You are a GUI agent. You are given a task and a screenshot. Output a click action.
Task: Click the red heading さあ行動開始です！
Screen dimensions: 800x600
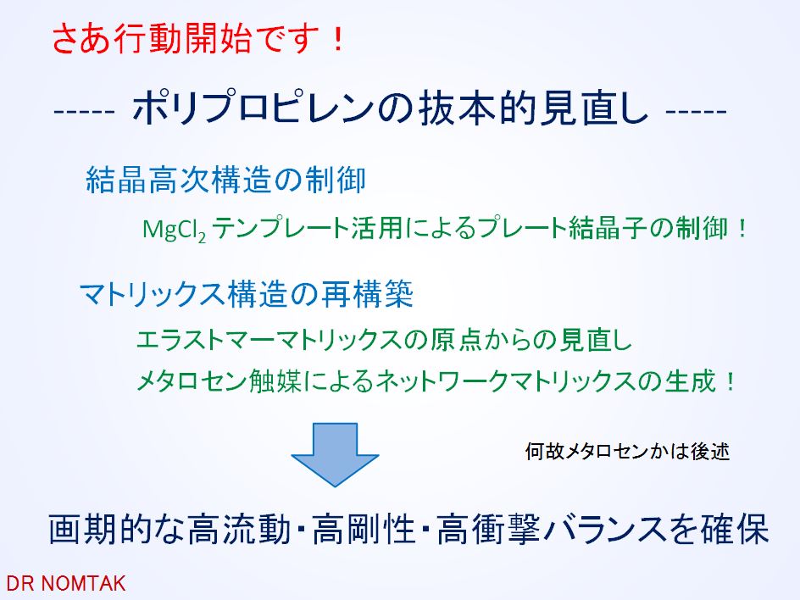pyautogui.click(x=199, y=39)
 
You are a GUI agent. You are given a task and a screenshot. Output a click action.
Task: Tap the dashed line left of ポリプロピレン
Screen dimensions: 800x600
pyautogui.click(x=85, y=111)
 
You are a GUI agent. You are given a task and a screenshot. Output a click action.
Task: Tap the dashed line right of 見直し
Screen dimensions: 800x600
pyautogui.click(x=697, y=111)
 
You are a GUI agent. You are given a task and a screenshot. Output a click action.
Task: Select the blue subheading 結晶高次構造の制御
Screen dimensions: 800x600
pyautogui.click(x=225, y=180)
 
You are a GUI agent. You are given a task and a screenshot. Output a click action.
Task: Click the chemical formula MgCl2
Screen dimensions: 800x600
pyautogui.click(x=174, y=231)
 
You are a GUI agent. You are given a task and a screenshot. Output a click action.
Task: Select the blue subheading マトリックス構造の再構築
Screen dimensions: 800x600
pyautogui.click(x=247, y=294)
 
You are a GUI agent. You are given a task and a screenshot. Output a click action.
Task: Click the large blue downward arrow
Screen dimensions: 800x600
pyautogui.click(x=335, y=454)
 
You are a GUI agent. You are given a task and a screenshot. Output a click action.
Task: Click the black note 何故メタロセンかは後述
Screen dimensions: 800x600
pyautogui.click(x=627, y=452)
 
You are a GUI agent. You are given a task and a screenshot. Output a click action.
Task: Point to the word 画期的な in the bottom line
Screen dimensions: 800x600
pyautogui.click(x=117, y=529)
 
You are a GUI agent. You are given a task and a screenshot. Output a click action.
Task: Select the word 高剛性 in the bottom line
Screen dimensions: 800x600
pyautogui.click(x=363, y=529)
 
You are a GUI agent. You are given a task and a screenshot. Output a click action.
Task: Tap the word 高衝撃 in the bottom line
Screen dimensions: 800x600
pyautogui.click(x=488, y=529)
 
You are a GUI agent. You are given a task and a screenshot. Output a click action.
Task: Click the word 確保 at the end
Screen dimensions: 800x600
pyautogui.click(x=735, y=529)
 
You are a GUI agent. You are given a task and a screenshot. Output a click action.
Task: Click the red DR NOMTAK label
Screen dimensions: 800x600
pyautogui.click(x=66, y=583)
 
